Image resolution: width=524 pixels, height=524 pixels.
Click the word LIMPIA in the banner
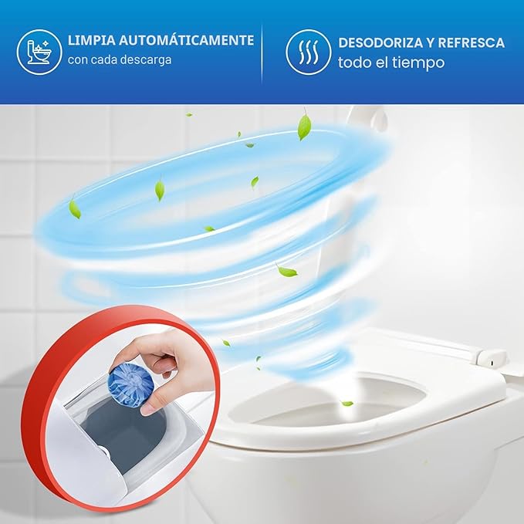[x=91, y=40]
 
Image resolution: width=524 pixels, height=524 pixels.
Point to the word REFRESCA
[x=472, y=42]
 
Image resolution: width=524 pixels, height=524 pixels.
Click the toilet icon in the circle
[x=39, y=52]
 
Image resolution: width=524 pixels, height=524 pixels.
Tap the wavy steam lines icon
[x=308, y=52]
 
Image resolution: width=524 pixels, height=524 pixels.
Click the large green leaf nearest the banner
[x=304, y=127]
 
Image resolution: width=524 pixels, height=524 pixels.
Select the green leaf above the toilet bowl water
[x=347, y=404]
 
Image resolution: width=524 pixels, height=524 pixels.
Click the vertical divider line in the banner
[x=262, y=53]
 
